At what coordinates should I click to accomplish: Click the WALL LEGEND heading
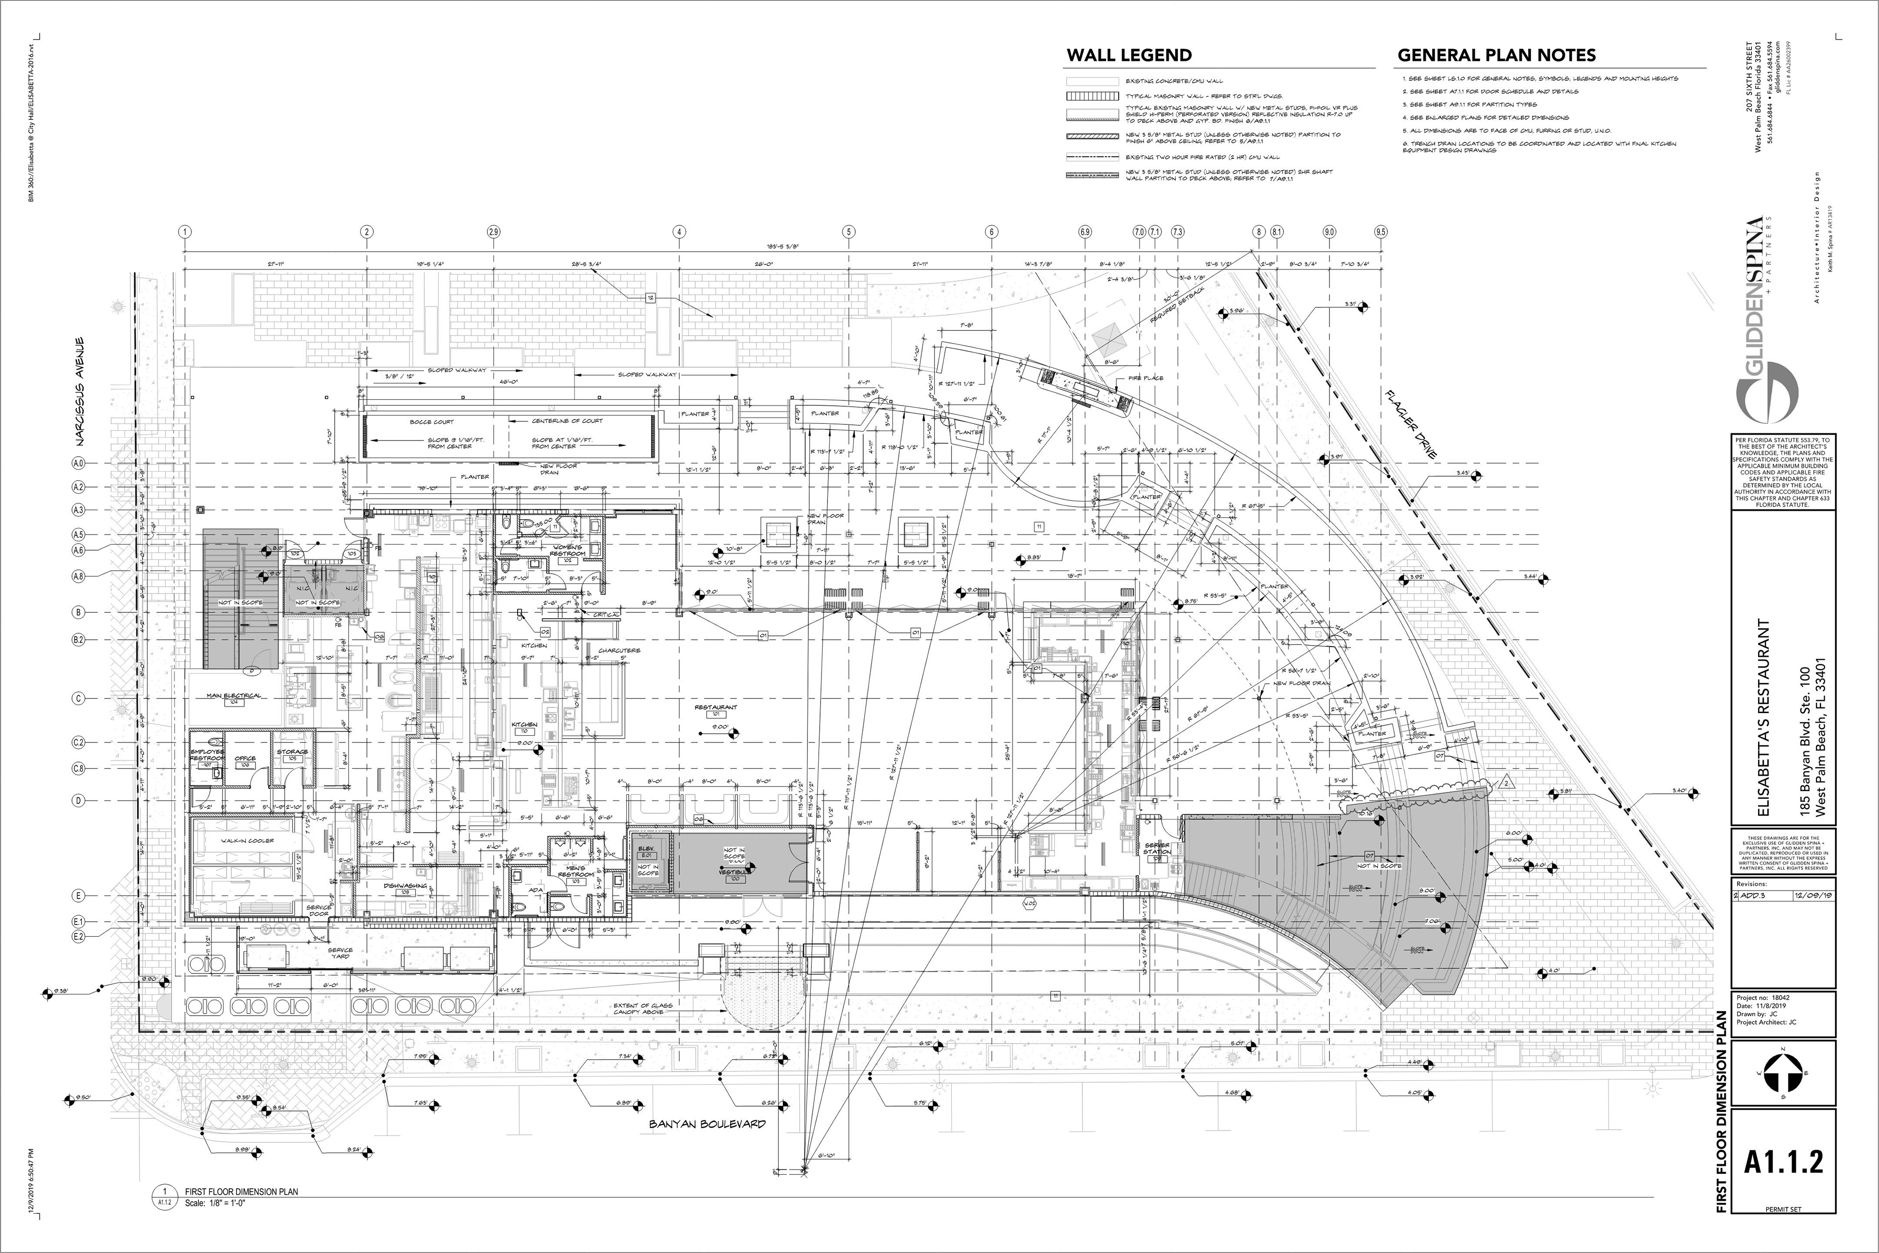pyautogui.click(x=1129, y=55)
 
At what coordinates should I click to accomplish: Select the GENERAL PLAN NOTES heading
pyautogui.click(x=1496, y=55)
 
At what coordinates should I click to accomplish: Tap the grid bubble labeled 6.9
pyautogui.click(x=1085, y=232)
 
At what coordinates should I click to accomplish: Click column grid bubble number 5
pyautogui.click(x=849, y=232)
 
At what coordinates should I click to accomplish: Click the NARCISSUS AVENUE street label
pyautogui.click(x=80, y=392)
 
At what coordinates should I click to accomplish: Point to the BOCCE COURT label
pyautogui.click(x=432, y=422)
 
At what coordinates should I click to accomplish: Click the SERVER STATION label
pyautogui.click(x=1157, y=848)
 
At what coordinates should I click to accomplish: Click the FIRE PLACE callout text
pyautogui.click(x=1146, y=378)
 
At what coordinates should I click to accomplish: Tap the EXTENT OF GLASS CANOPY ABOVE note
pyautogui.click(x=643, y=1009)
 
